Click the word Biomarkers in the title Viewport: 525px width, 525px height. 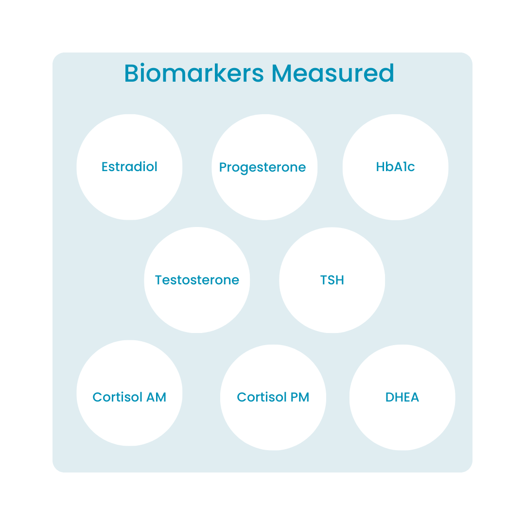(x=194, y=73)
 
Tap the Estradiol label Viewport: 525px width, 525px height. (x=129, y=167)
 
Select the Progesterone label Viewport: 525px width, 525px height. (x=262, y=168)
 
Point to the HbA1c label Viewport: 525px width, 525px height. (x=395, y=167)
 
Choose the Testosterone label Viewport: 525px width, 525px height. (x=197, y=280)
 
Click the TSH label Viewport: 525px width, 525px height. (x=332, y=280)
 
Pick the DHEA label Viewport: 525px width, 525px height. (x=402, y=397)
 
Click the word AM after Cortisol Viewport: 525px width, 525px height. (x=156, y=397)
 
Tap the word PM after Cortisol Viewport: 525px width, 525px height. (x=300, y=397)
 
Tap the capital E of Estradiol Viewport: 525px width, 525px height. (x=105, y=167)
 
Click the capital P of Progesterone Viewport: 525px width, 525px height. (x=223, y=168)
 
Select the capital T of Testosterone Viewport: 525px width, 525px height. (x=158, y=280)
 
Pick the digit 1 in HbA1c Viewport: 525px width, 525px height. (x=404, y=167)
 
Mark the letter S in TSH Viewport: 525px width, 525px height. (x=332, y=280)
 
